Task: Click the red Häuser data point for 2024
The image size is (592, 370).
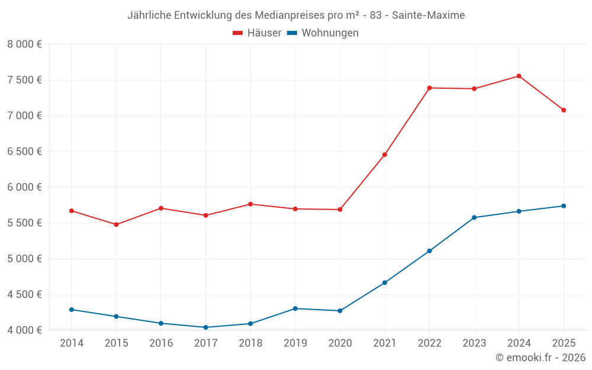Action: pyautogui.click(x=519, y=76)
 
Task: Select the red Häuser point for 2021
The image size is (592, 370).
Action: pyautogui.click(x=385, y=155)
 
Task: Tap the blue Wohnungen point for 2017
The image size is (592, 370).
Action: pyautogui.click(x=205, y=327)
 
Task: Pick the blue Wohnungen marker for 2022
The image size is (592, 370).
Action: pyautogui.click(x=429, y=251)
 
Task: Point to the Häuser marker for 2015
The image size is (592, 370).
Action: pyautogui.click(x=116, y=224)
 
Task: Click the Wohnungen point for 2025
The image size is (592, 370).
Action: pyautogui.click(x=564, y=206)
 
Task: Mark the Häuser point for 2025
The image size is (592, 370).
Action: pyautogui.click(x=564, y=110)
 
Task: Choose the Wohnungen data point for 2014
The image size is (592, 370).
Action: pyautogui.click(x=72, y=310)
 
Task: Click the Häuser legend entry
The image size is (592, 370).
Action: pyautogui.click(x=258, y=33)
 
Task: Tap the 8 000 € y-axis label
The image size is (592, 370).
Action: pyautogui.click(x=24, y=44)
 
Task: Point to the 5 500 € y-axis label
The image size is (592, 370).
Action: pyautogui.click(x=24, y=223)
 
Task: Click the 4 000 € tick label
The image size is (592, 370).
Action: pyautogui.click(x=24, y=330)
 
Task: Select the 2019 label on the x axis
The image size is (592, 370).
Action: pyautogui.click(x=295, y=343)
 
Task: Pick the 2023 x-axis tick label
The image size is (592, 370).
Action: pyautogui.click(x=474, y=343)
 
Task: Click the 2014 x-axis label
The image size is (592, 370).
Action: pyautogui.click(x=72, y=343)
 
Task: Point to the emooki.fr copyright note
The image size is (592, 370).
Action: pyautogui.click(x=540, y=358)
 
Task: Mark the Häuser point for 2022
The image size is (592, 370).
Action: pyautogui.click(x=429, y=88)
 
